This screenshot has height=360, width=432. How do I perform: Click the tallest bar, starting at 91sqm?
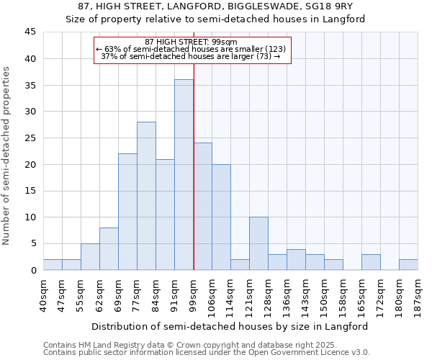click(x=184, y=175)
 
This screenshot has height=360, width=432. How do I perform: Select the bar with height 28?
click(x=146, y=196)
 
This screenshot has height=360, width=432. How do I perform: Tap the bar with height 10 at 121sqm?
click(x=258, y=243)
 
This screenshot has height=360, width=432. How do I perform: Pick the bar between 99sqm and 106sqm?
click(x=202, y=207)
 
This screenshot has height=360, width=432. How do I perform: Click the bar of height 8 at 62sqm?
click(x=109, y=249)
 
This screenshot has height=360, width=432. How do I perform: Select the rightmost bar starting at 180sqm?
click(x=408, y=265)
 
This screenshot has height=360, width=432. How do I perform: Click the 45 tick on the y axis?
click(x=30, y=32)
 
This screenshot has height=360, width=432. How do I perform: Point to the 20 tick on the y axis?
click(x=30, y=164)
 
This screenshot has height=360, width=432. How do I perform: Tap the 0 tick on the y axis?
click(x=33, y=270)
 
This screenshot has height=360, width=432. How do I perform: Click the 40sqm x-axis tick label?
click(x=43, y=292)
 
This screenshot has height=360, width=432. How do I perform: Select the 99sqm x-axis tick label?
click(x=193, y=292)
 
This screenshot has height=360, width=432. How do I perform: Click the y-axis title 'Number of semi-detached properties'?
click(x=7, y=156)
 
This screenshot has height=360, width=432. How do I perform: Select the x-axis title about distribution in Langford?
click(x=230, y=326)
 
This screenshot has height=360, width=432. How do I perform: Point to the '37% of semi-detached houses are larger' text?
click(x=190, y=56)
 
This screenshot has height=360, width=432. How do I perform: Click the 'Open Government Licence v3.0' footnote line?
click(x=207, y=353)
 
